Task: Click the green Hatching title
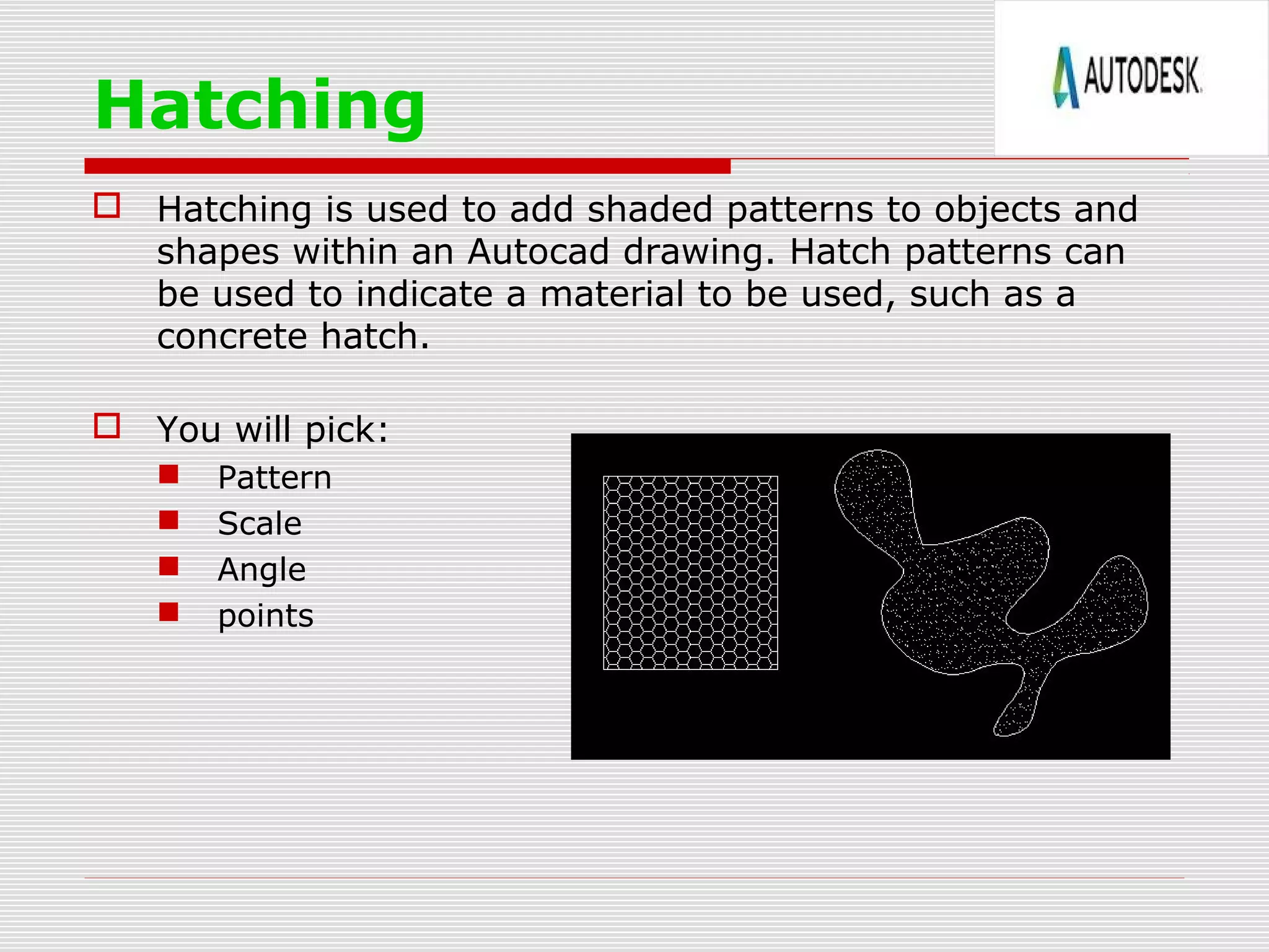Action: tap(260, 105)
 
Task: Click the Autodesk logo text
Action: tap(1142, 76)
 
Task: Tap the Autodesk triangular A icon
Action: tap(1066, 77)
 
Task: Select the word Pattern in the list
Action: tap(274, 478)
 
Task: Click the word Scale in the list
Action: tap(260, 524)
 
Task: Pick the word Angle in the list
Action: tap(261, 570)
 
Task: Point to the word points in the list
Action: tap(265, 616)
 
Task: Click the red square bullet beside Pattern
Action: tap(169, 475)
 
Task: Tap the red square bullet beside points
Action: tap(169, 612)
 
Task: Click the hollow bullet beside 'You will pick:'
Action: tap(107, 426)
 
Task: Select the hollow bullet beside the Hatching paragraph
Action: tap(107, 205)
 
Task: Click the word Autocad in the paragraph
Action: tap(538, 252)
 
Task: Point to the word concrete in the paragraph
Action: tap(232, 337)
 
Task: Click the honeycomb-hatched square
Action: tap(690, 573)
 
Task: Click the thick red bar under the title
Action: tap(407, 166)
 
